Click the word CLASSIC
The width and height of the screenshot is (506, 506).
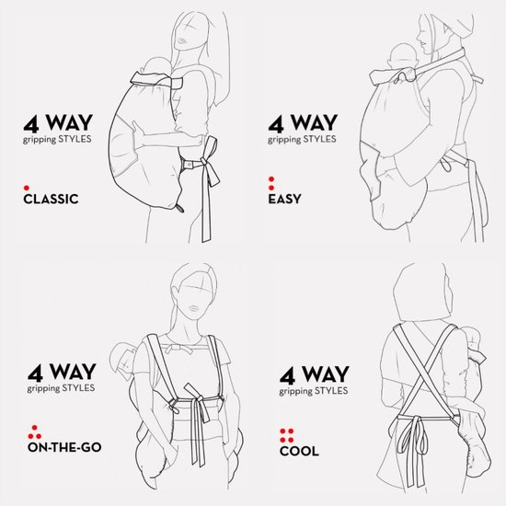pyautogui.click(x=51, y=199)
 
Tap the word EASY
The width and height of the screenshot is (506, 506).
pyautogui.click(x=284, y=199)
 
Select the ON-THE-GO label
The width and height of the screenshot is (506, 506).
pyautogui.click(x=64, y=447)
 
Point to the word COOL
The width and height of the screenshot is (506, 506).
pyautogui.click(x=299, y=451)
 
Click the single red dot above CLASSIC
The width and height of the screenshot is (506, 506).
pyautogui.click(x=27, y=188)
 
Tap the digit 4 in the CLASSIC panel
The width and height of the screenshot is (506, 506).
pyautogui.click(x=31, y=124)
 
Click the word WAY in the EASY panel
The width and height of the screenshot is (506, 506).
pyautogui.click(x=314, y=122)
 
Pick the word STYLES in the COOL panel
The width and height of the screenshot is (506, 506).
pyautogui.click(x=331, y=391)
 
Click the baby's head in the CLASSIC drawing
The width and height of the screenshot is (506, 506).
pyautogui.click(x=158, y=66)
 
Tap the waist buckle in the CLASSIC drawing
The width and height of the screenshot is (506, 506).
pyautogui.click(x=189, y=165)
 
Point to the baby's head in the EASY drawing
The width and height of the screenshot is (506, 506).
pyautogui.click(x=403, y=55)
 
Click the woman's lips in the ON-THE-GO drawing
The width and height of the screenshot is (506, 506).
pyautogui.click(x=193, y=309)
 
